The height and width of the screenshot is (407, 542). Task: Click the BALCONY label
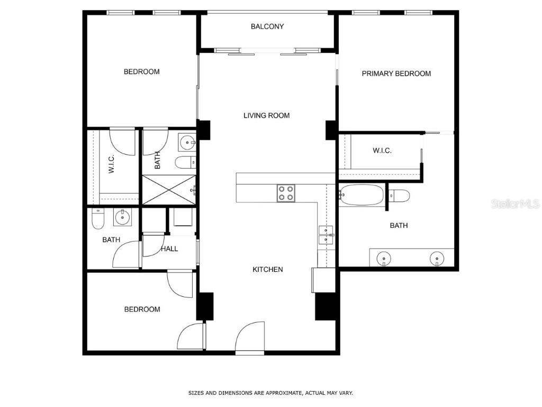coord(267,26)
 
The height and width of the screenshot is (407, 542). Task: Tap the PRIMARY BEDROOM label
coord(396,74)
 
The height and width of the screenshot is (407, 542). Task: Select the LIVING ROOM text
coord(266,116)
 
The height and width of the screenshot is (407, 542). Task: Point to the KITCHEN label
coord(267,270)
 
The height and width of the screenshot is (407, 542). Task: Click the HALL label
coord(169,249)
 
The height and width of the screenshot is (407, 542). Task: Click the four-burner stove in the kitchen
coord(286,193)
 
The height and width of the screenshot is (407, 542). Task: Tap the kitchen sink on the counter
coord(326,235)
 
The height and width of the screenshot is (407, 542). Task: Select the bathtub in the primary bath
coord(362,195)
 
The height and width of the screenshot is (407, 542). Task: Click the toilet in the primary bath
coord(400,196)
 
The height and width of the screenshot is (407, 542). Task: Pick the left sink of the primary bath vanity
coord(384,259)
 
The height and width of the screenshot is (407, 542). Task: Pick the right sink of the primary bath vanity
coord(436,259)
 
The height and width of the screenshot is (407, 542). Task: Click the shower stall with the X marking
coord(168,189)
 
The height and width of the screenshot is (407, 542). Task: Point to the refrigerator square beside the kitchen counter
coord(323,279)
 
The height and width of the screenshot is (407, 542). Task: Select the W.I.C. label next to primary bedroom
coord(382,151)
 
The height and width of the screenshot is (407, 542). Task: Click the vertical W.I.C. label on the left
coord(112,164)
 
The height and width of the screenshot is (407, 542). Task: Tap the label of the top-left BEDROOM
coord(141,72)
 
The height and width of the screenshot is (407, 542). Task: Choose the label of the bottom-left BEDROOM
coord(142,309)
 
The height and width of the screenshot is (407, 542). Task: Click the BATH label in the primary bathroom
coord(399,226)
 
